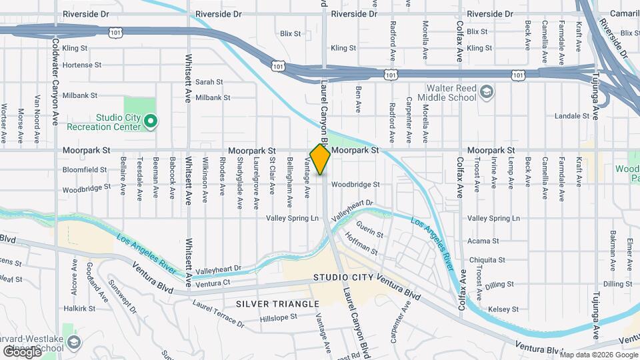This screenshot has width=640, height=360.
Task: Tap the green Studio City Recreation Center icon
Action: [151, 121]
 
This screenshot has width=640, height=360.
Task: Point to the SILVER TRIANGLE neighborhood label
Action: [269, 304]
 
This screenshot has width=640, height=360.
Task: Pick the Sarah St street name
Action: [209, 82]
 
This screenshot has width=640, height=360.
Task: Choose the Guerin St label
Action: [370, 235]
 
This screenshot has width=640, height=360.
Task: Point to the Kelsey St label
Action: [503, 309]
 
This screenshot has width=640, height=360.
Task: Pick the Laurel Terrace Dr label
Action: [218, 313]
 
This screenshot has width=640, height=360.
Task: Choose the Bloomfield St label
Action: [85, 170]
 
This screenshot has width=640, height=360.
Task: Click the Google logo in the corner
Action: [22, 351]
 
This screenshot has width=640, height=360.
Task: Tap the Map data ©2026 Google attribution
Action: [598, 353]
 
